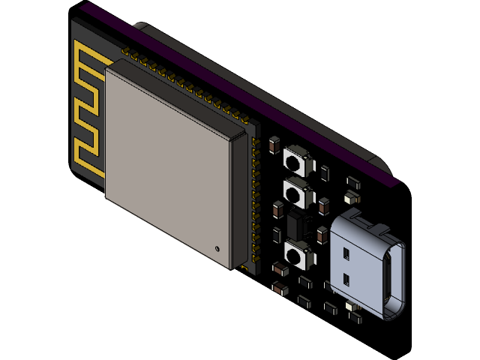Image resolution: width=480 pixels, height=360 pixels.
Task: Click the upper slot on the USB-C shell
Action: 347,255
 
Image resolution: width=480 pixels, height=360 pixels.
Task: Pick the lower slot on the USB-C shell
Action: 346,280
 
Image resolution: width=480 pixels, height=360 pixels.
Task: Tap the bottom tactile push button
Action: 298,255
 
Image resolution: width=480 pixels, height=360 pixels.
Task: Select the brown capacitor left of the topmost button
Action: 274,145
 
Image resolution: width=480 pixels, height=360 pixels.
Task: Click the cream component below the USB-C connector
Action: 352,307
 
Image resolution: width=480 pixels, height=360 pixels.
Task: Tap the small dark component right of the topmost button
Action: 324,172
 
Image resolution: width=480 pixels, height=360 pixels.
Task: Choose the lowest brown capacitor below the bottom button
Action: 279,289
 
